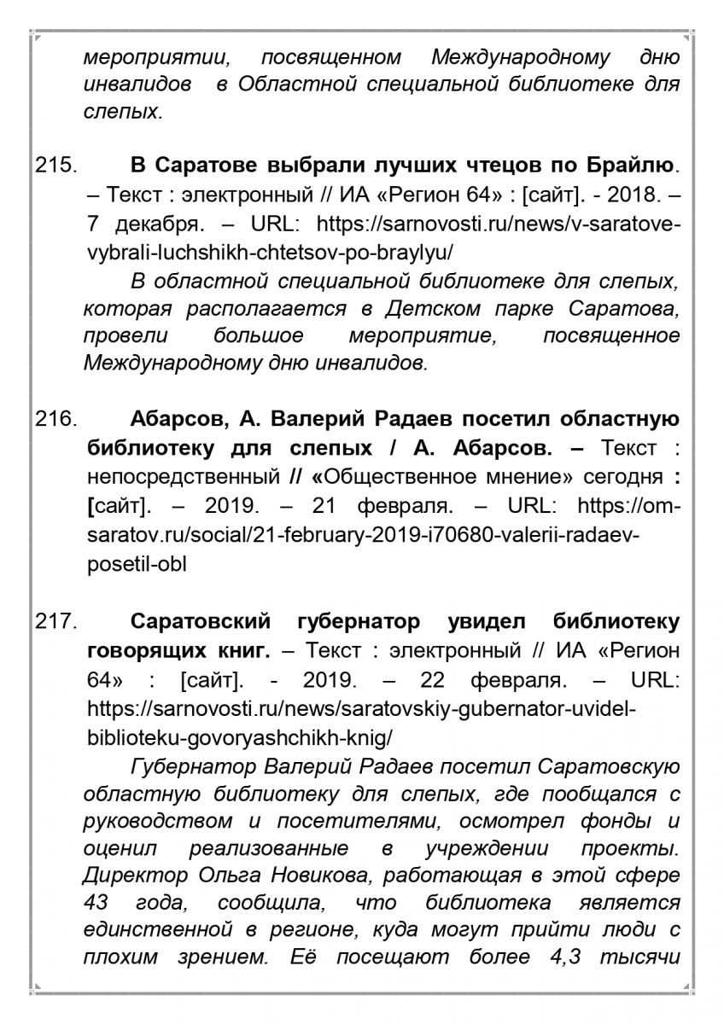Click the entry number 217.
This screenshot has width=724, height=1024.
coord(56,622)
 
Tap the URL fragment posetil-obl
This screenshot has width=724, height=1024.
coord(137,564)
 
